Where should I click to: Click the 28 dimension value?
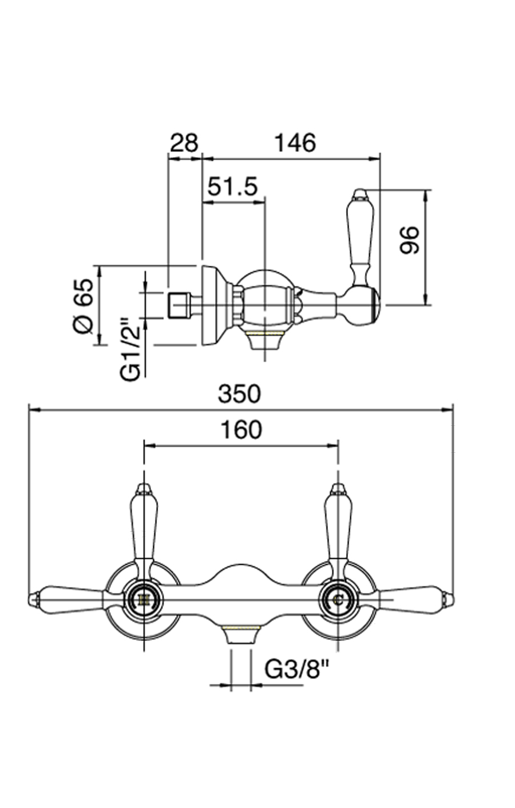(184, 143)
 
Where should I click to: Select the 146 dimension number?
(295, 143)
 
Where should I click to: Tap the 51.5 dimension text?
(233, 187)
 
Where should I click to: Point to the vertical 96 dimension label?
(410, 240)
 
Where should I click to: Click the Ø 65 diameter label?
(84, 305)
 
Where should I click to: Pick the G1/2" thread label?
(130, 348)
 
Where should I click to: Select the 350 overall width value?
(239, 394)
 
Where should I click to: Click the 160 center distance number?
(240, 429)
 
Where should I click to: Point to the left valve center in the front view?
(144, 599)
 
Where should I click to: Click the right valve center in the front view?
(338, 599)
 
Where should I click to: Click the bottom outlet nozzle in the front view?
(240, 635)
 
